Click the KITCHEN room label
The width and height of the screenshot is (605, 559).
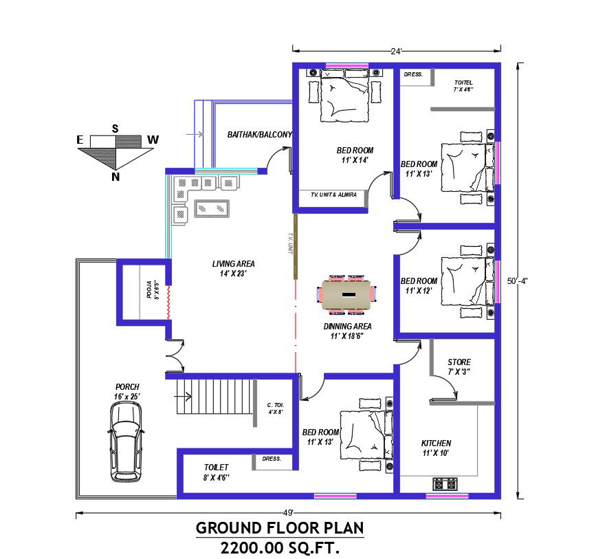point(436,443)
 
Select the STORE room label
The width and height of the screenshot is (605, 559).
point(459,362)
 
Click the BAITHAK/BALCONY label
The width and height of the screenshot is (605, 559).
point(260,135)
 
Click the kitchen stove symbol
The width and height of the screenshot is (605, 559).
point(445,484)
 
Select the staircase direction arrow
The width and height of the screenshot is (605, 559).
point(184,395)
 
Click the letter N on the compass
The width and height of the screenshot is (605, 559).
point(115,177)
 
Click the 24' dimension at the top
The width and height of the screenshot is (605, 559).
point(396,50)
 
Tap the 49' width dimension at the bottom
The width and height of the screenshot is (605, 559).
point(287,512)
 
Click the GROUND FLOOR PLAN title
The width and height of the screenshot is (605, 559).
point(280,528)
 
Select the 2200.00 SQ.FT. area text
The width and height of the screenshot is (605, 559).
point(280,548)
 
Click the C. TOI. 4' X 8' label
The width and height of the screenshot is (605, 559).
point(275,408)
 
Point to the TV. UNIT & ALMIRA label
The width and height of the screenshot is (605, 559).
point(333,195)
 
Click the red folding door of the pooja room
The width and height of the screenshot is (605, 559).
point(166,296)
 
